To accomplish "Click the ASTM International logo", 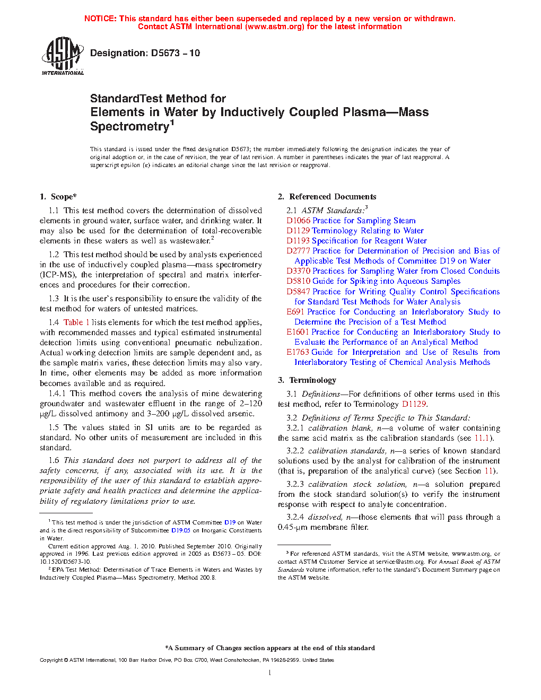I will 62,56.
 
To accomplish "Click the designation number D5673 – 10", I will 175,53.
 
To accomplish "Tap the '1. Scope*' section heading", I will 58,197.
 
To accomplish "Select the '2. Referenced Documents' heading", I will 327,197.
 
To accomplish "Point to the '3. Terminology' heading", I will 307,380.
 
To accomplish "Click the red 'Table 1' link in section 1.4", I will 76,322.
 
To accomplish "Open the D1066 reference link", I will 298,221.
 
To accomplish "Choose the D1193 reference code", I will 298,241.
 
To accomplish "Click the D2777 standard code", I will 298,251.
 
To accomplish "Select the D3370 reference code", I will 298,271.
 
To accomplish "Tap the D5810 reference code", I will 298,281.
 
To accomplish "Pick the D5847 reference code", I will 298,292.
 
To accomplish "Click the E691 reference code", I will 295,312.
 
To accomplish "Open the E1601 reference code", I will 298,332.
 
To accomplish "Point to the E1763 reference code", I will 298,352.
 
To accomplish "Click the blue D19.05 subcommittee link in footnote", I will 180,530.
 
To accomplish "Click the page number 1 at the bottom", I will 270,673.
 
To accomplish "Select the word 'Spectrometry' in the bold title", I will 129,127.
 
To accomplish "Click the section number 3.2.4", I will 295,517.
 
